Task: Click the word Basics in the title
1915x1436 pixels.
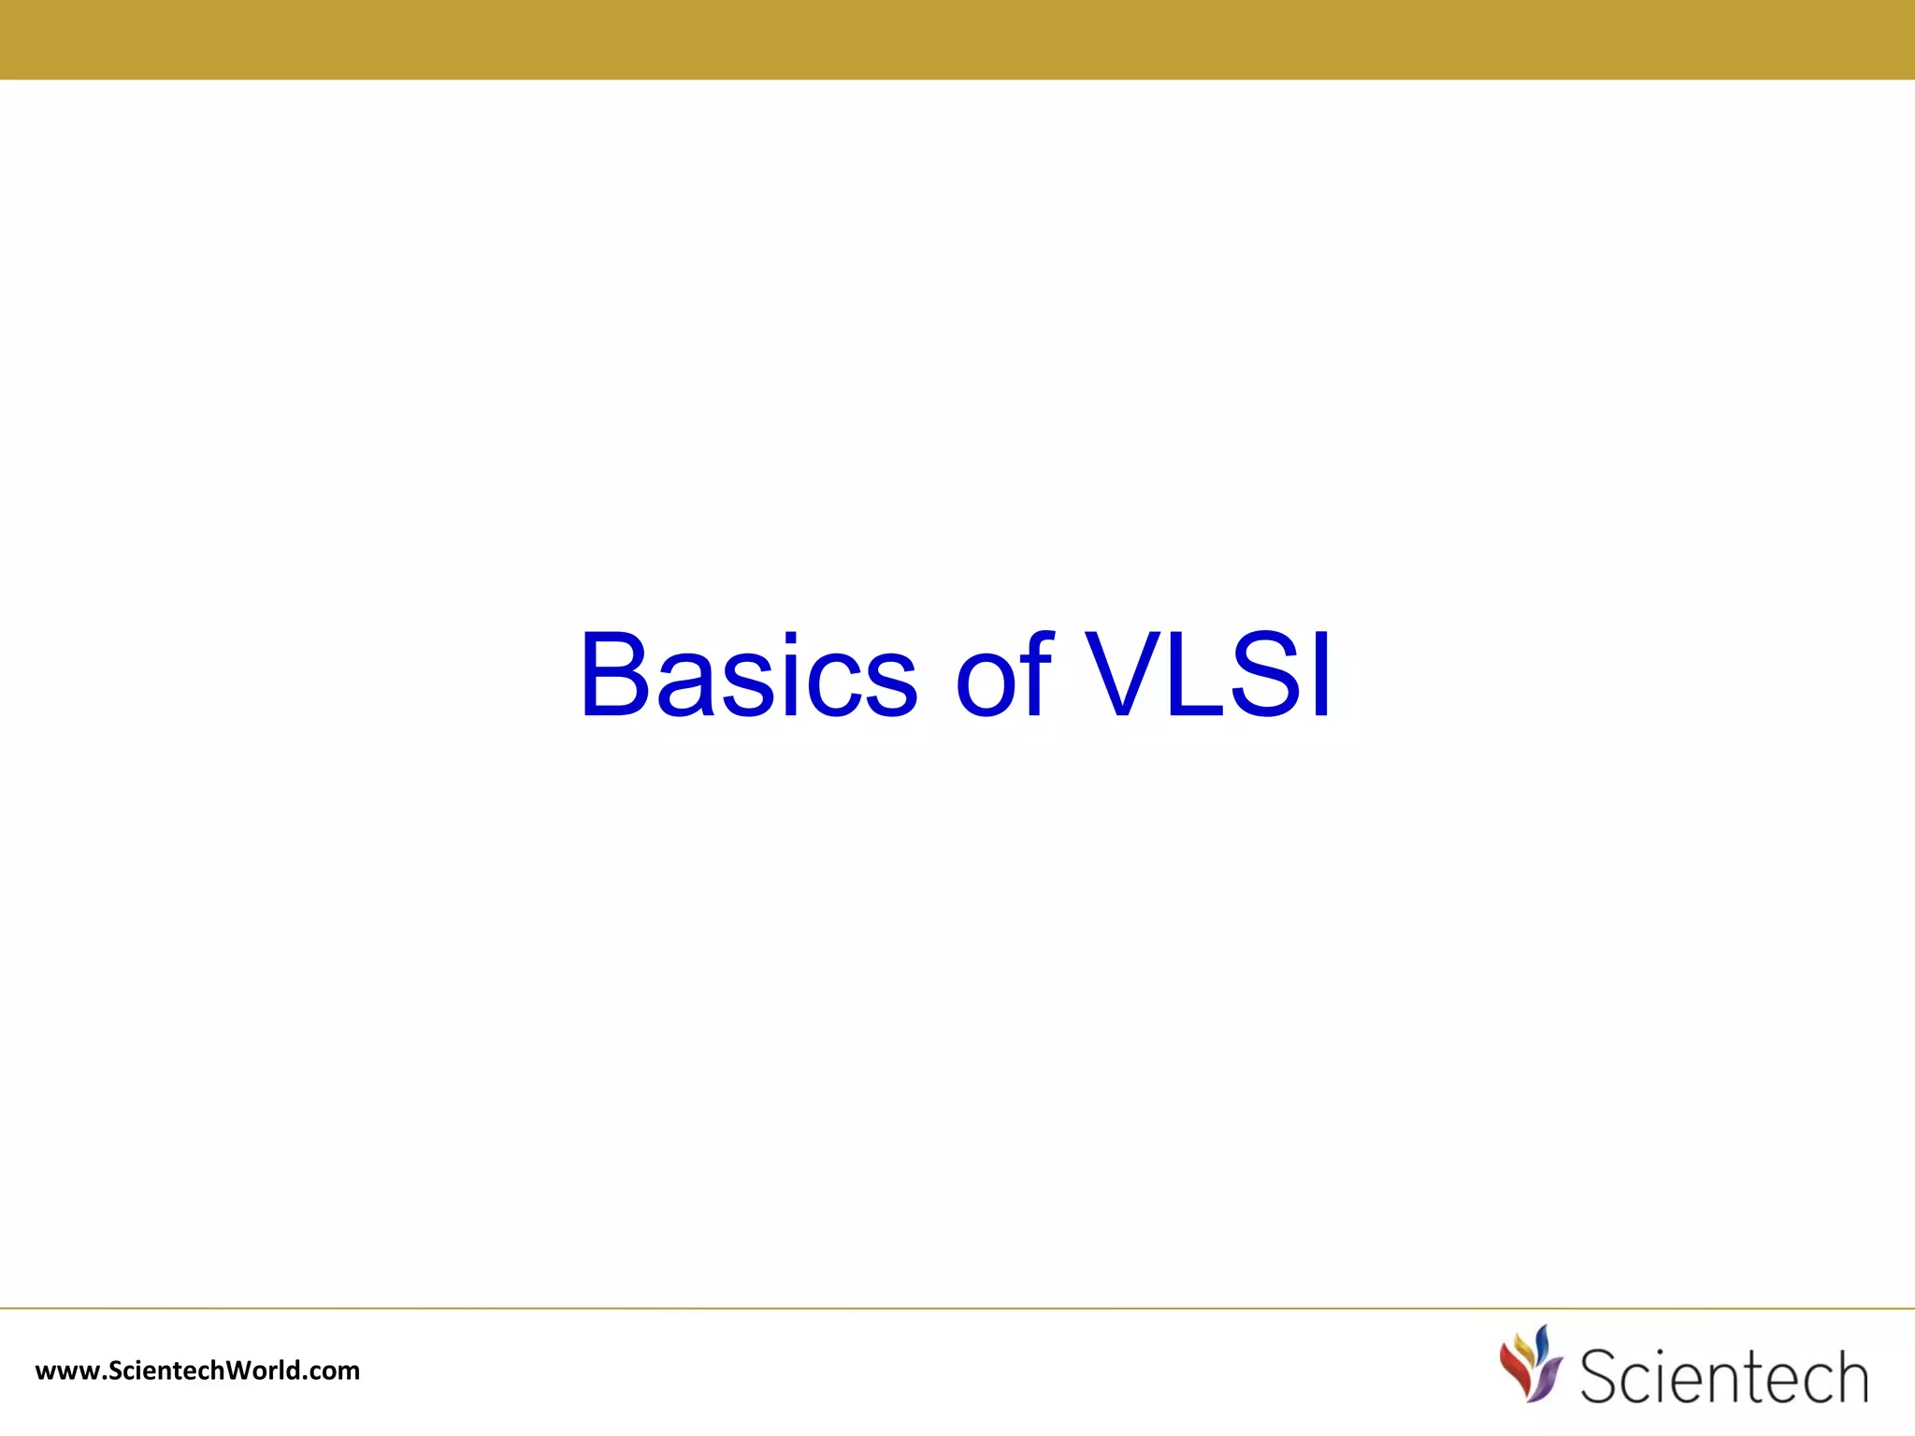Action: point(748,675)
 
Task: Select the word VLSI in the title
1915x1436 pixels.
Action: point(1208,675)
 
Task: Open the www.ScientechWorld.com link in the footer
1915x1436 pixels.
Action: point(197,1371)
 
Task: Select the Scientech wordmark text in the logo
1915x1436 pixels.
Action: point(1723,1376)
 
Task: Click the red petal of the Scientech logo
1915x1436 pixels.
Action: point(1516,1365)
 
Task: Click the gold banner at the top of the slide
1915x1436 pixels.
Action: point(957,39)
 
